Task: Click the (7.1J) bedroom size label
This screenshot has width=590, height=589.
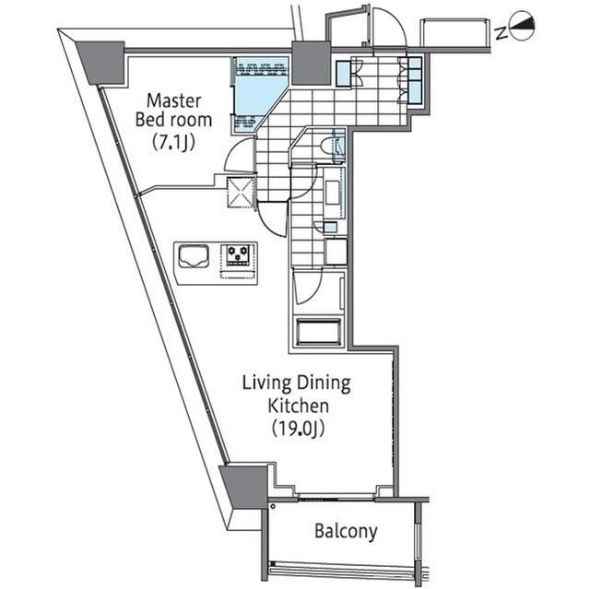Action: click(176, 141)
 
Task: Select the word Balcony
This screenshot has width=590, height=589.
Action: click(346, 531)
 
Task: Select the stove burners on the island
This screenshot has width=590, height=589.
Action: click(237, 255)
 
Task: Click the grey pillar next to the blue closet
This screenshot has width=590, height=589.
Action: click(312, 62)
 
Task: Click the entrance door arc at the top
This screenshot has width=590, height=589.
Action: click(388, 28)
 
